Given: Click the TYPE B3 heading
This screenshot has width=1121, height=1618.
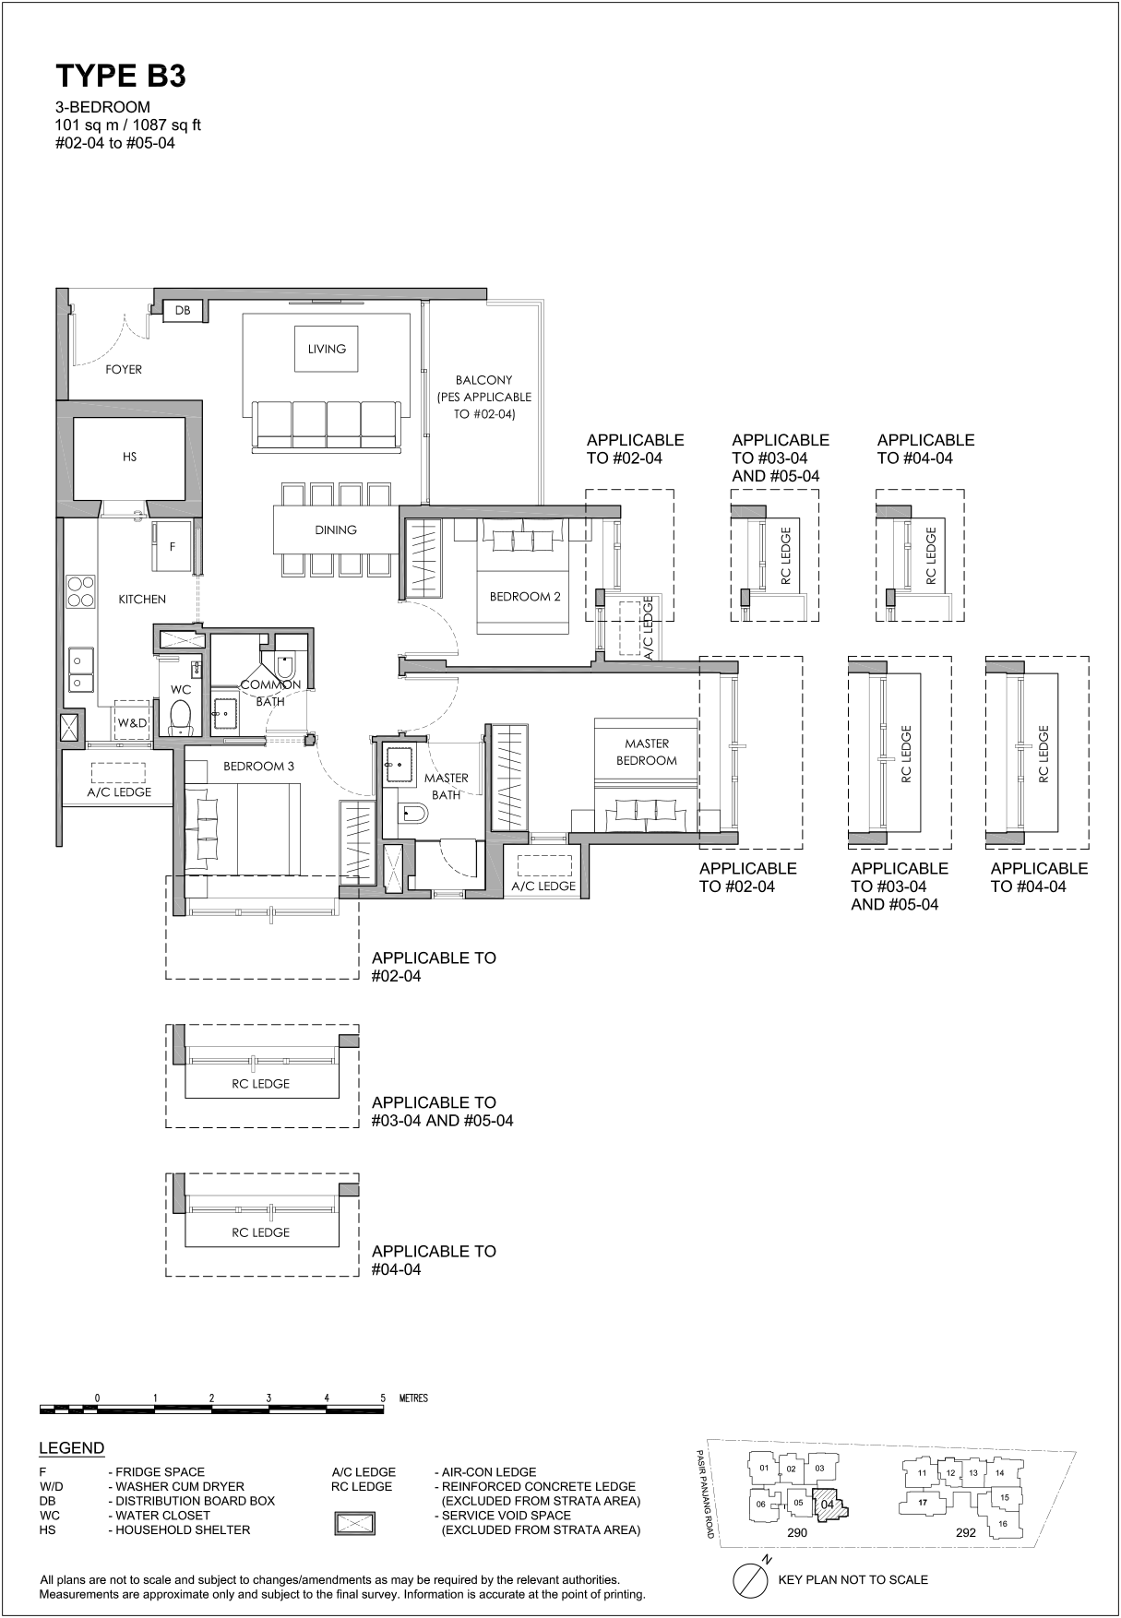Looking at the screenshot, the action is click(x=121, y=77).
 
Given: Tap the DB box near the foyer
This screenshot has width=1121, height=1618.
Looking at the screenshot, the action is click(x=183, y=311).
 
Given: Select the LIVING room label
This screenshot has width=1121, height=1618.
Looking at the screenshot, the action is click(x=327, y=349).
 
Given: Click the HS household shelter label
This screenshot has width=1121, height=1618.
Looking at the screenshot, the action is click(x=129, y=457).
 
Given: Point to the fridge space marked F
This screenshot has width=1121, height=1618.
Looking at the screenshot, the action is click(x=173, y=546).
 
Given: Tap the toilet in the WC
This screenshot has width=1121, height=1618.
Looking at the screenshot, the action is click(x=180, y=716).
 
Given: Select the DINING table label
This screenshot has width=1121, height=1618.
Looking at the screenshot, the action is click(x=335, y=529).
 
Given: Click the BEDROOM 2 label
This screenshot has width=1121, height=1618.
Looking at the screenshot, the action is click(x=525, y=597).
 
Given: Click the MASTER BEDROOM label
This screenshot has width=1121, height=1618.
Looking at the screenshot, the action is click(x=647, y=752).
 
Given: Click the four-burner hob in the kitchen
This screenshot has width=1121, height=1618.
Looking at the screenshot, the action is click(x=80, y=591).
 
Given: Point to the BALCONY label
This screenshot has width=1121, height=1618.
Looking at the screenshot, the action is click(x=483, y=380).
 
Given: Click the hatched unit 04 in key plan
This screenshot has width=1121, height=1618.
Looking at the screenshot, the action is click(x=829, y=1503).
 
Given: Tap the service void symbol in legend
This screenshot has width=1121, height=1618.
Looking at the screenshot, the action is click(x=354, y=1522).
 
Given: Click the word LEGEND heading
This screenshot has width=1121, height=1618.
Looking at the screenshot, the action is click(x=72, y=1448).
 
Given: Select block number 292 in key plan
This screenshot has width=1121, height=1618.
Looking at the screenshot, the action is click(x=965, y=1532).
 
